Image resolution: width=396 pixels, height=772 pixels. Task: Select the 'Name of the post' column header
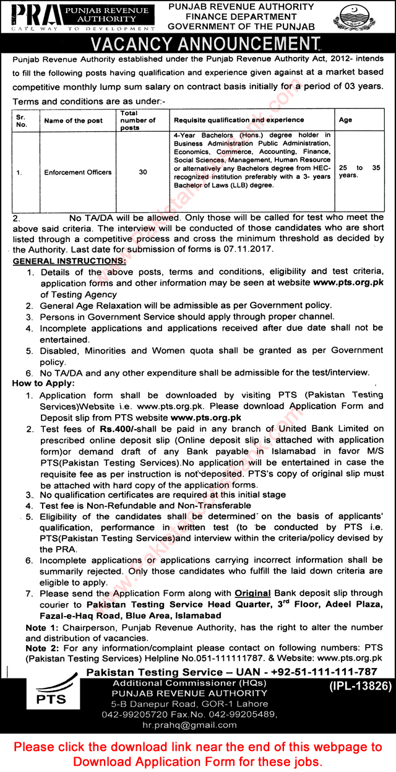tap(74, 121)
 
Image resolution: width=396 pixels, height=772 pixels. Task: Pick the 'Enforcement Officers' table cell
tap(78, 172)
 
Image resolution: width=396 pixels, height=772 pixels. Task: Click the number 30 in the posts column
tap(143, 172)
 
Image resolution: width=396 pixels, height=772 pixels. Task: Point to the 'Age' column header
tap(345, 121)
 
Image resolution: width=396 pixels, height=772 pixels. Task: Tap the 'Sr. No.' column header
tap(22, 121)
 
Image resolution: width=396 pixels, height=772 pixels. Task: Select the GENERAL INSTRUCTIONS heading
tap(69, 261)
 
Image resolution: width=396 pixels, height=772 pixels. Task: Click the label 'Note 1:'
tap(40, 627)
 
